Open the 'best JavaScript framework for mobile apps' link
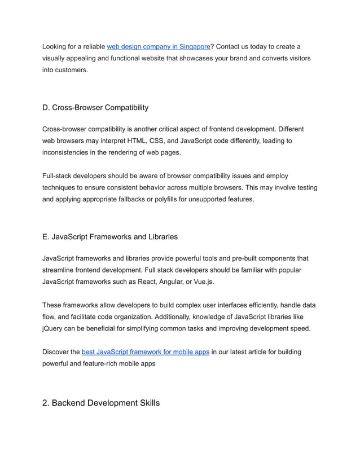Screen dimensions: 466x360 (146, 352)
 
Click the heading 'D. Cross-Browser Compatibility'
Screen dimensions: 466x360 (95, 108)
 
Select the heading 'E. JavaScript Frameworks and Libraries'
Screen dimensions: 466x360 (110, 237)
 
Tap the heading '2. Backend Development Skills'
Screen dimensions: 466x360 (101, 403)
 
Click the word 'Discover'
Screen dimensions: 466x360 (60, 352)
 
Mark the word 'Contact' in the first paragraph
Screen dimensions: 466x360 (230, 46)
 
